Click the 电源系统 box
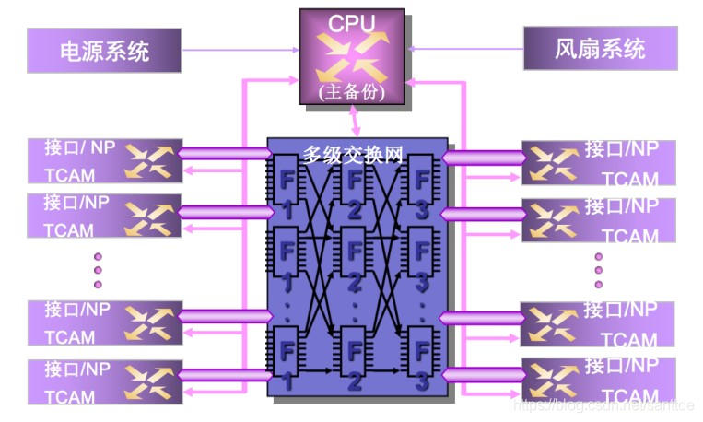click(103, 50)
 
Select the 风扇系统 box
click(600, 48)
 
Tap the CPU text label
click(352, 23)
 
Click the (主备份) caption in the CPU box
click(351, 91)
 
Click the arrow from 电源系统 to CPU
click(240, 49)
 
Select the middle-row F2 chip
click(354, 262)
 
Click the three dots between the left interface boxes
click(99, 270)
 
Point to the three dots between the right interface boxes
click(599, 271)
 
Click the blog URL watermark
click(603, 404)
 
